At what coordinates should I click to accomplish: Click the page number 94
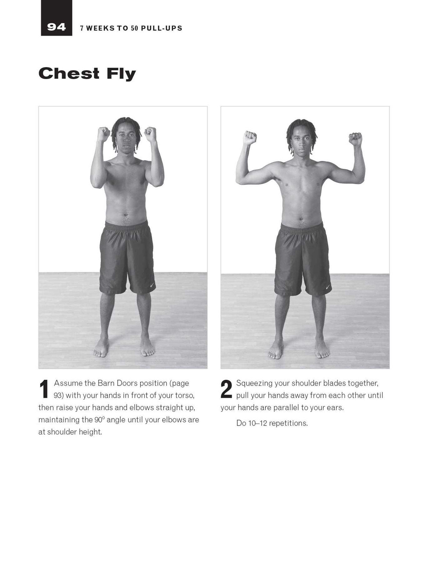click(x=56, y=27)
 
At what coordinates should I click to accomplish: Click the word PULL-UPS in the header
click(x=162, y=28)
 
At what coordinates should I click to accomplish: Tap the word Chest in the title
click(x=69, y=73)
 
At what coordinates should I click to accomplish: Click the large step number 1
click(x=44, y=389)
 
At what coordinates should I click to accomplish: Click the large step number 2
click(x=226, y=389)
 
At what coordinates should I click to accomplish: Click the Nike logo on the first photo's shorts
click(x=152, y=285)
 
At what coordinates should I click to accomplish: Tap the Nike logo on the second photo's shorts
click(x=328, y=287)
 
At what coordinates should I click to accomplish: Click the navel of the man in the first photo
click(x=126, y=215)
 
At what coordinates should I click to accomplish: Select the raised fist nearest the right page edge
click(x=355, y=139)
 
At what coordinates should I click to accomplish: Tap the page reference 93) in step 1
click(x=59, y=396)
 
